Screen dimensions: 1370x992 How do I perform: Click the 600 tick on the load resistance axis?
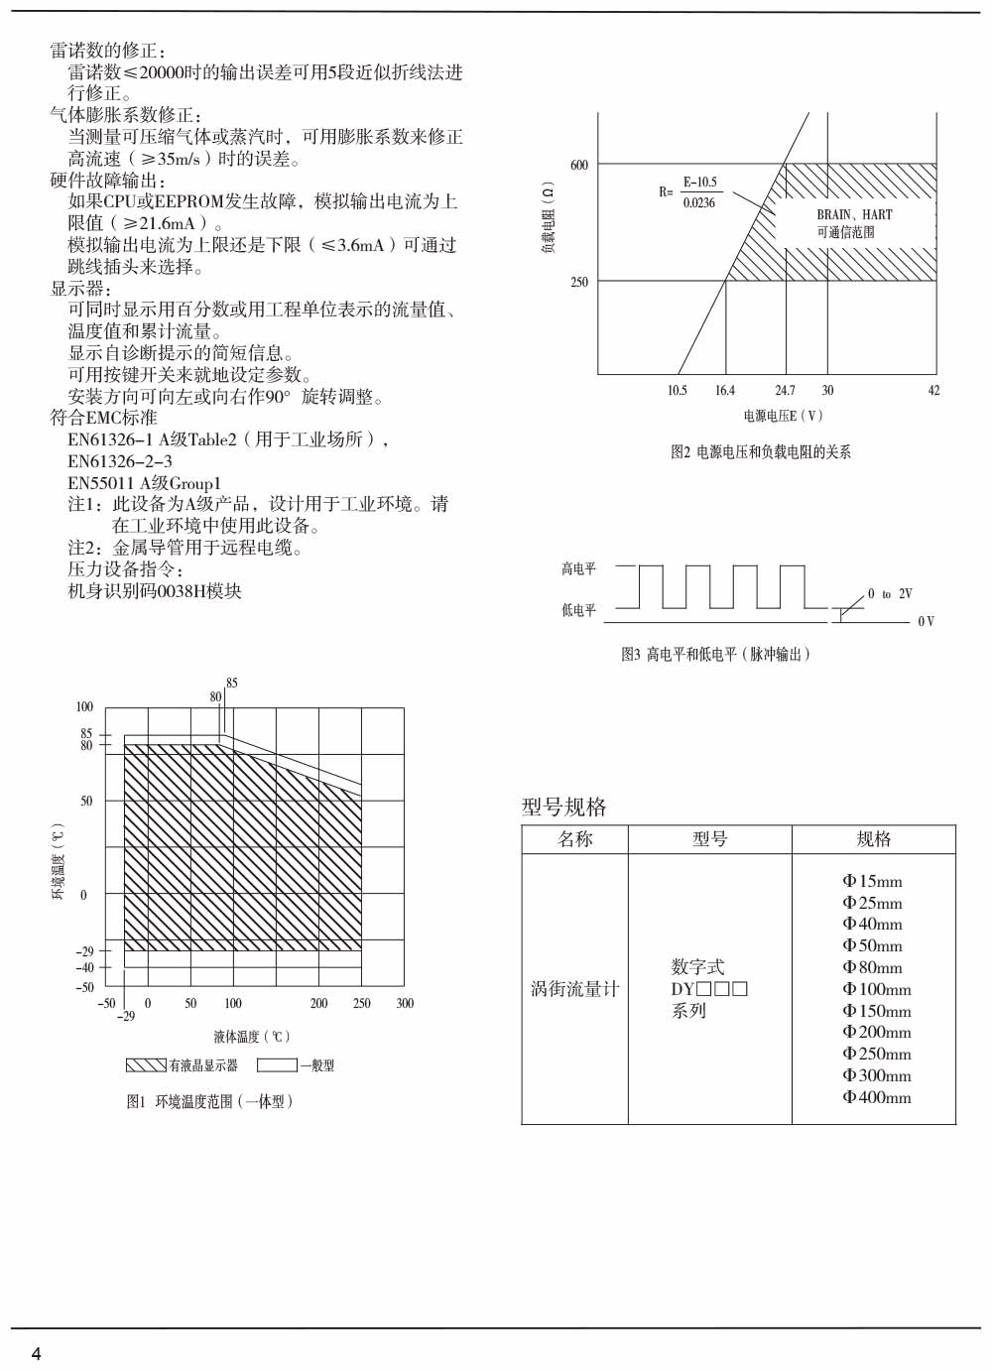tap(579, 165)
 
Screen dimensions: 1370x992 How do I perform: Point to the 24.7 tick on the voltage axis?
tap(785, 391)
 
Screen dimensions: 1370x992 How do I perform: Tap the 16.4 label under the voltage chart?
tap(725, 391)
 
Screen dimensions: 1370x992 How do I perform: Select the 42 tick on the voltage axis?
tap(933, 391)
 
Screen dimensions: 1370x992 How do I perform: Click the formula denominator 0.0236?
tap(698, 202)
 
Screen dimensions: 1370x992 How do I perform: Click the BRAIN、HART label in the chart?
tap(854, 214)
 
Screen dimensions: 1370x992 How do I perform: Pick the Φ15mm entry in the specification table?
tap(872, 881)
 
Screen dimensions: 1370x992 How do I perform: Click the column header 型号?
tap(709, 839)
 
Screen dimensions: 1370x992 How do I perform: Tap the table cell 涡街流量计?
tap(574, 989)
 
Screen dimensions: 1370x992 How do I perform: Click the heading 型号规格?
tap(563, 807)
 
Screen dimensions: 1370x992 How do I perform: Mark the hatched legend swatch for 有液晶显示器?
tap(146, 1065)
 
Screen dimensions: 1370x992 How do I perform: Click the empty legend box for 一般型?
tap(277, 1065)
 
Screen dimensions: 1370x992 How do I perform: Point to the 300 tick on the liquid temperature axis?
tap(405, 1003)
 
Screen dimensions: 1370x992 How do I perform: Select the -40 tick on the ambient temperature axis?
tap(85, 967)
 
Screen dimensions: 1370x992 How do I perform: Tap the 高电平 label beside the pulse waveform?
tap(578, 568)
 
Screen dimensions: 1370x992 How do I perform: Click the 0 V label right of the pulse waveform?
tap(926, 622)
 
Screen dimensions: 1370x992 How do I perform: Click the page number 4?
tap(37, 1354)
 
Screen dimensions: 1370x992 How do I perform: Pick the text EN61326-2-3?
tap(119, 461)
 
